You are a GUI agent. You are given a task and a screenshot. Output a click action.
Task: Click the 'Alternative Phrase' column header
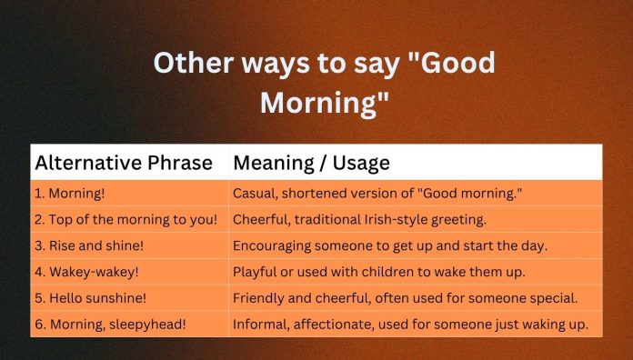[124, 163]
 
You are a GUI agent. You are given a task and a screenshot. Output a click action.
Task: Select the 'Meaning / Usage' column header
[311, 163]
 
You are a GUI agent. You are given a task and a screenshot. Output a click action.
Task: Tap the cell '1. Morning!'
[72, 194]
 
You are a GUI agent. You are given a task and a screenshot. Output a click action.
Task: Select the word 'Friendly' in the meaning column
[261, 297]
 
